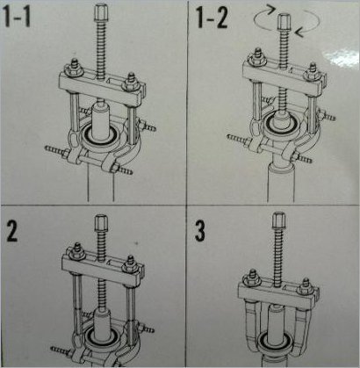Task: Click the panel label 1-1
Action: pos(18,18)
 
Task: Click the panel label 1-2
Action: pos(212,18)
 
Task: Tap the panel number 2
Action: pos(11,230)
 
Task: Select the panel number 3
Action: pos(199,230)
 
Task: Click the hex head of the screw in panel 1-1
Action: pos(101,11)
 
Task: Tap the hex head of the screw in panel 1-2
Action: pos(283,21)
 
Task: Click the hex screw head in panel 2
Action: pos(101,223)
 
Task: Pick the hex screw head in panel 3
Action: pos(278,220)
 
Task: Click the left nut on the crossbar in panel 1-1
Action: pos(74,69)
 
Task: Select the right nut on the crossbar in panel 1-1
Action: pos(130,85)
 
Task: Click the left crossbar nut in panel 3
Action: pos(251,278)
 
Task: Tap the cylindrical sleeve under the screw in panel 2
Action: pos(102,324)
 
